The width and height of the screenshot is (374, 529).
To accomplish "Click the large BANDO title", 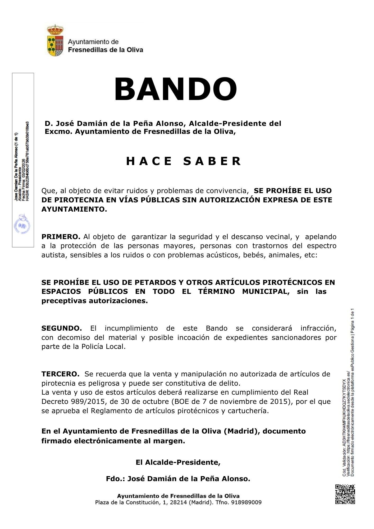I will pyautogui.click(x=175, y=90).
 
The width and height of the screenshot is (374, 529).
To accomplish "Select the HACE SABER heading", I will pyautogui.click(x=184, y=161).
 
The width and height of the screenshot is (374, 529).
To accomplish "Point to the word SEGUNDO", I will pyautogui.click(x=62, y=328).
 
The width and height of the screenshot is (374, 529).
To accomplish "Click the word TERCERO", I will pyautogui.click(x=60, y=374).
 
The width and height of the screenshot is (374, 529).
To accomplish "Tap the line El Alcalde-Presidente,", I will pyautogui.click(x=178, y=462).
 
